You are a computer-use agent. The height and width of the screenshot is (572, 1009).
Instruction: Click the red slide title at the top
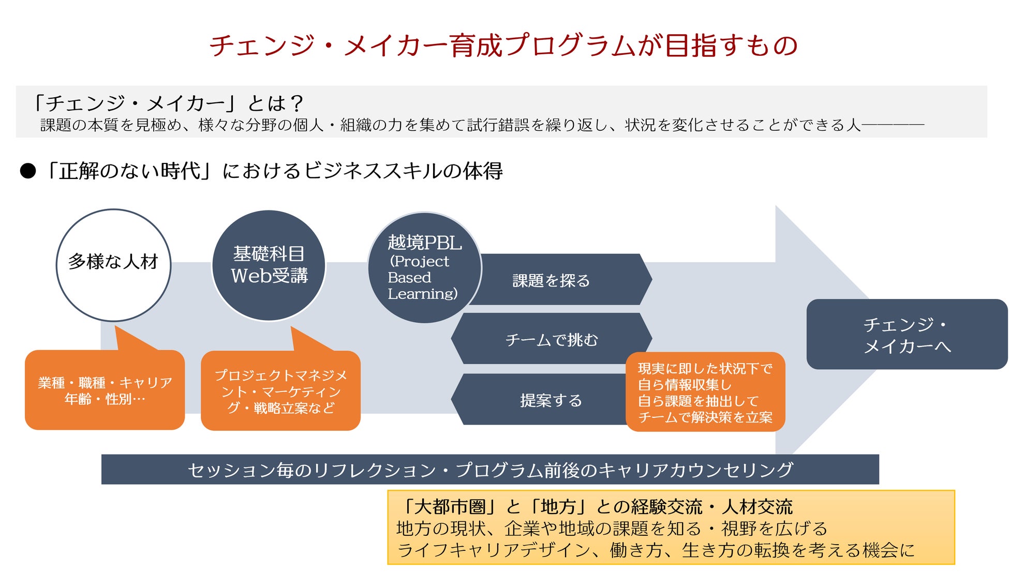click(x=503, y=46)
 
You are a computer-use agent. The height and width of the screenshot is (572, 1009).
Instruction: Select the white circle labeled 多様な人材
click(x=113, y=265)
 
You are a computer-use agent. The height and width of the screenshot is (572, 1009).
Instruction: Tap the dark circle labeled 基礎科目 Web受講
click(x=269, y=265)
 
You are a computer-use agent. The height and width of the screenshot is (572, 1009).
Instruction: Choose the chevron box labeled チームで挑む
click(x=551, y=339)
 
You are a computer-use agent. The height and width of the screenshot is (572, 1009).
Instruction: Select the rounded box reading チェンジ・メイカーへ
click(x=907, y=335)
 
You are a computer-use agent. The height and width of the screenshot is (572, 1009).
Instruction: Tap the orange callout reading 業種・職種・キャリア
click(x=105, y=390)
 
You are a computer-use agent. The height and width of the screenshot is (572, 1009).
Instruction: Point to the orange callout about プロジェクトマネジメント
click(x=280, y=391)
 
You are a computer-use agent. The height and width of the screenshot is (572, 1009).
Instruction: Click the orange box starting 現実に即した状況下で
click(x=705, y=392)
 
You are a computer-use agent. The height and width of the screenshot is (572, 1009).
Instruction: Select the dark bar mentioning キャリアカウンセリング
click(x=489, y=470)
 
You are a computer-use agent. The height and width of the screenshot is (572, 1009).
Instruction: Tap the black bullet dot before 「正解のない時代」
click(x=28, y=171)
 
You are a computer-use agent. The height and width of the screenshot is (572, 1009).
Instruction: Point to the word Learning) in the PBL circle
click(x=423, y=294)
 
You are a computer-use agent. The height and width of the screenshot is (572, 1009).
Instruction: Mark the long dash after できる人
click(x=893, y=125)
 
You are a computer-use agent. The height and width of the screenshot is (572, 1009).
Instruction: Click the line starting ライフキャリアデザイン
click(x=656, y=550)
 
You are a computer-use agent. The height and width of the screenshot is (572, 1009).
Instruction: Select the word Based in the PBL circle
click(x=409, y=278)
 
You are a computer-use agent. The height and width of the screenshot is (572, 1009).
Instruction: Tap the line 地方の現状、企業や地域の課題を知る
click(x=612, y=528)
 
